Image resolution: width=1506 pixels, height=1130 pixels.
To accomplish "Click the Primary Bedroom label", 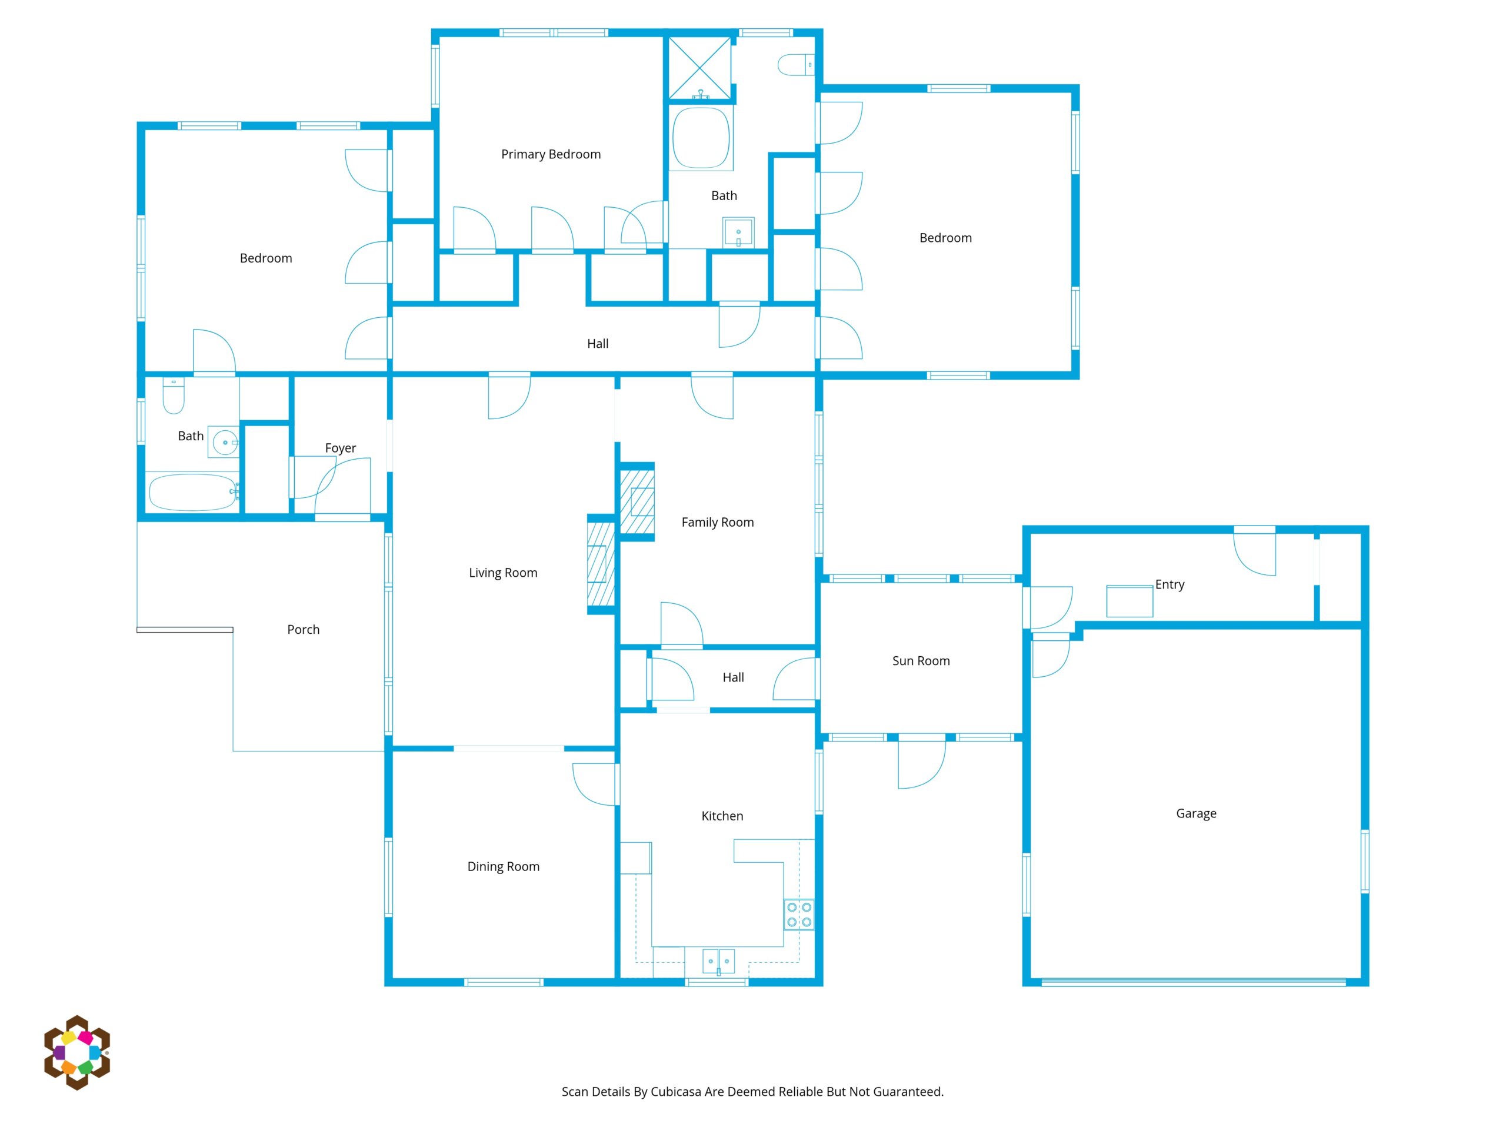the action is (x=551, y=155).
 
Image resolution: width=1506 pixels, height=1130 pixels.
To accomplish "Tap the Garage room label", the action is (x=1196, y=813).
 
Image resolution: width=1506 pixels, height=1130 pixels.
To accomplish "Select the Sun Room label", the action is (x=921, y=661).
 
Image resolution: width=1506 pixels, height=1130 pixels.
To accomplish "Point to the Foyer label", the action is (x=341, y=448).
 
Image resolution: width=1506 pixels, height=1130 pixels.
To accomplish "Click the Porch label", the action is (x=304, y=629).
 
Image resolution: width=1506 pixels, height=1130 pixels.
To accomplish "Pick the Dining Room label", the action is (x=503, y=866).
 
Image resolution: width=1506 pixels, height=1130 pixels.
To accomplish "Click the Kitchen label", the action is (x=722, y=816).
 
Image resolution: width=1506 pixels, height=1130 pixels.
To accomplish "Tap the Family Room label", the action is (x=718, y=523).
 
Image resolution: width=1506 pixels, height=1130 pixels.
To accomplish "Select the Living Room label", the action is (x=503, y=573).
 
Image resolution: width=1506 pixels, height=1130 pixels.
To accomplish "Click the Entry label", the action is (x=1170, y=584).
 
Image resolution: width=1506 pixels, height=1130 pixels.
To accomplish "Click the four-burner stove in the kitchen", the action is (x=799, y=915).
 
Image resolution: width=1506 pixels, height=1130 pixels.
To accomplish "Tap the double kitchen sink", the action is (x=719, y=961).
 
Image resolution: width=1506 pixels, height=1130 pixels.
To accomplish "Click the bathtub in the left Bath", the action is (x=194, y=493).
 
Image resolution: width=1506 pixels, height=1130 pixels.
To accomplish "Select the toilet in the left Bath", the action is (x=174, y=397).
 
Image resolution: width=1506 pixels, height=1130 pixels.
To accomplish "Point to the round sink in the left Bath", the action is (x=225, y=443).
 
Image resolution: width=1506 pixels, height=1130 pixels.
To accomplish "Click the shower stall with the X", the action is (x=700, y=68).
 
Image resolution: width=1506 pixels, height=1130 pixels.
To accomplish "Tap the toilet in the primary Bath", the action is (x=796, y=65).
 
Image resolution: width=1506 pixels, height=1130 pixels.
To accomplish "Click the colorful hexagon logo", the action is (x=77, y=1052).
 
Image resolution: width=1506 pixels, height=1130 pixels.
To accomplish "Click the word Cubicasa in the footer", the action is (x=675, y=1092).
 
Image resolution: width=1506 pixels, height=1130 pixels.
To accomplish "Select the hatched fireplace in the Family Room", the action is (x=637, y=502).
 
